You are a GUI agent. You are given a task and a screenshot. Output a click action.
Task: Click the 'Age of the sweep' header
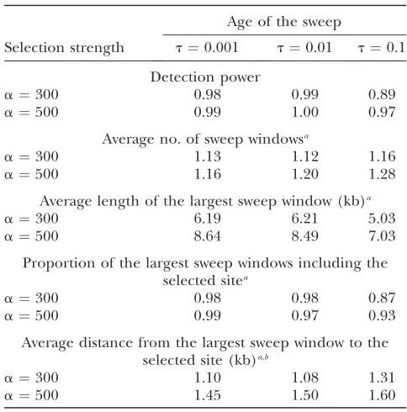click(284, 23)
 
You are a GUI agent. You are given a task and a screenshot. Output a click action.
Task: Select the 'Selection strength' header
click(64, 48)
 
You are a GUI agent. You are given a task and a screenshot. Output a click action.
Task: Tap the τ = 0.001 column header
click(207, 48)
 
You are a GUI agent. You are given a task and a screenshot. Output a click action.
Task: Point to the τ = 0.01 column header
click(304, 48)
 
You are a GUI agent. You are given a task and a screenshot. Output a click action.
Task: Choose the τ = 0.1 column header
click(382, 48)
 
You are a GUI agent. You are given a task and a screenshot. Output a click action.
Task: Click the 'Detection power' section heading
click(205, 77)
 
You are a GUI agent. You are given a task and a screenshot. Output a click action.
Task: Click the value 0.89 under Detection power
click(382, 94)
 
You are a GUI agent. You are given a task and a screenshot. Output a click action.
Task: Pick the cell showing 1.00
click(305, 112)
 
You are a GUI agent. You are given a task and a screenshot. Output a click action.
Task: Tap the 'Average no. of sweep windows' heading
click(205, 140)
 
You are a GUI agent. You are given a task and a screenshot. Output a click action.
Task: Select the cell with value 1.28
click(382, 174)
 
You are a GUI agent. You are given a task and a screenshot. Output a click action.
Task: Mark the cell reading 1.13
click(208, 156)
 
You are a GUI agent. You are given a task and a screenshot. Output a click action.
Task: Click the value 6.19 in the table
click(208, 219)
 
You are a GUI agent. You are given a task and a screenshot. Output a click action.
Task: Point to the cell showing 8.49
click(305, 236)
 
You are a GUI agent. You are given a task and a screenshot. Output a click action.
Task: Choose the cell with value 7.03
click(382, 236)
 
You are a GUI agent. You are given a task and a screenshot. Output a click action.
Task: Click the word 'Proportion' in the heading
click(60, 264)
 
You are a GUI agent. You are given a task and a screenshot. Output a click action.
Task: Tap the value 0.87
click(382, 298)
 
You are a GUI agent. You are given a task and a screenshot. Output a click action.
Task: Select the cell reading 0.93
click(382, 315)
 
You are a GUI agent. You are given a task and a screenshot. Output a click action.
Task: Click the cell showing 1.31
click(382, 378)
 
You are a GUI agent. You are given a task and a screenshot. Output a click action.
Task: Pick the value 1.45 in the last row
click(208, 395)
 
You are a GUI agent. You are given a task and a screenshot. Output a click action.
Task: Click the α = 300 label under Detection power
click(31, 94)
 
